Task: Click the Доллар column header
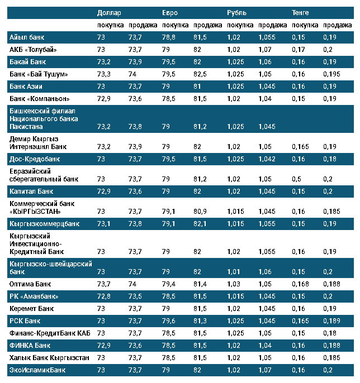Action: pyautogui.click(x=109, y=13)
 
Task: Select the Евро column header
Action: pyautogui.click(x=170, y=13)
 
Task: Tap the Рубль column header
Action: pyautogui.click(x=236, y=13)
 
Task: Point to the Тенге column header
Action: pyautogui.click(x=300, y=13)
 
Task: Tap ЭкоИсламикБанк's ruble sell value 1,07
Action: pyautogui.click(x=266, y=370)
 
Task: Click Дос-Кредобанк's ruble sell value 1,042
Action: pyautogui.click(x=267, y=159)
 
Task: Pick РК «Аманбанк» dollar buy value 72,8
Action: pyautogui.click(x=104, y=296)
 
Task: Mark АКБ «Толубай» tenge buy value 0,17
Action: pyautogui.click(x=299, y=49)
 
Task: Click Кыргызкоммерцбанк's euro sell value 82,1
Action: pyautogui.click(x=200, y=223)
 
